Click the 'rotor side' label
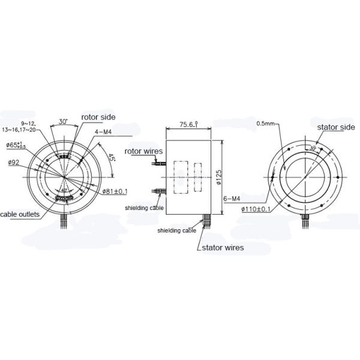click(x=98, y=117)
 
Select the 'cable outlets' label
click(x=20, y=214)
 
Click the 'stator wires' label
click(x=222, y=246)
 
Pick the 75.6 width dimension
click(x=186, y=125)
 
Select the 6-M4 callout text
click(x=232, y=198)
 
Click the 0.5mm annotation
click(x=265, y=124)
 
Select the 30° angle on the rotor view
click(x=63, y=122)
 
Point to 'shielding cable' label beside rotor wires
click(x=145, y=208)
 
